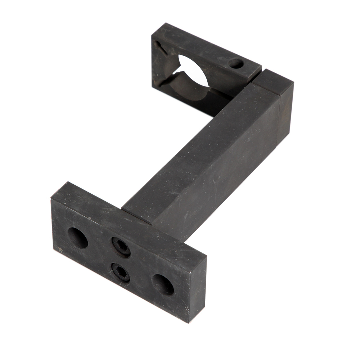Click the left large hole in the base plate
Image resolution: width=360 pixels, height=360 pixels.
[78, 238]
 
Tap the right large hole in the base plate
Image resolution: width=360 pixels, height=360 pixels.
[163, 284]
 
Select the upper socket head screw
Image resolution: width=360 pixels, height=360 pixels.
[121, 247]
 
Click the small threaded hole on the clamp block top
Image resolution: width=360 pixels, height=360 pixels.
[236, 64]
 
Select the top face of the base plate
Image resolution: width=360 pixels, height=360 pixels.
[126, 216]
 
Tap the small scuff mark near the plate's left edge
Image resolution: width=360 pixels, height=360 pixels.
[60, 248]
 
